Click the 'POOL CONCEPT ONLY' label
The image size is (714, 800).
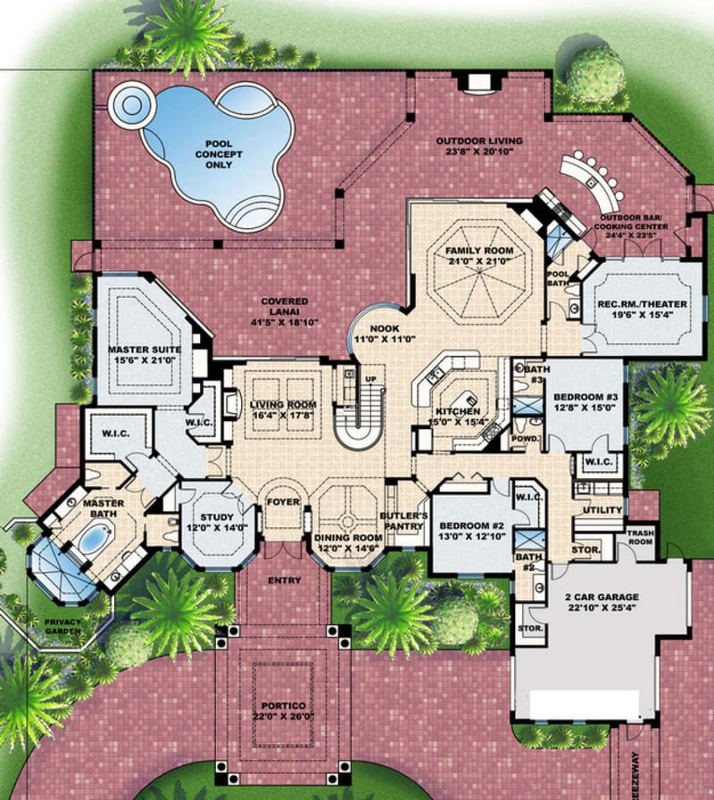[x=219, y=153]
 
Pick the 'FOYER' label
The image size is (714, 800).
[x=283, y=502]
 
